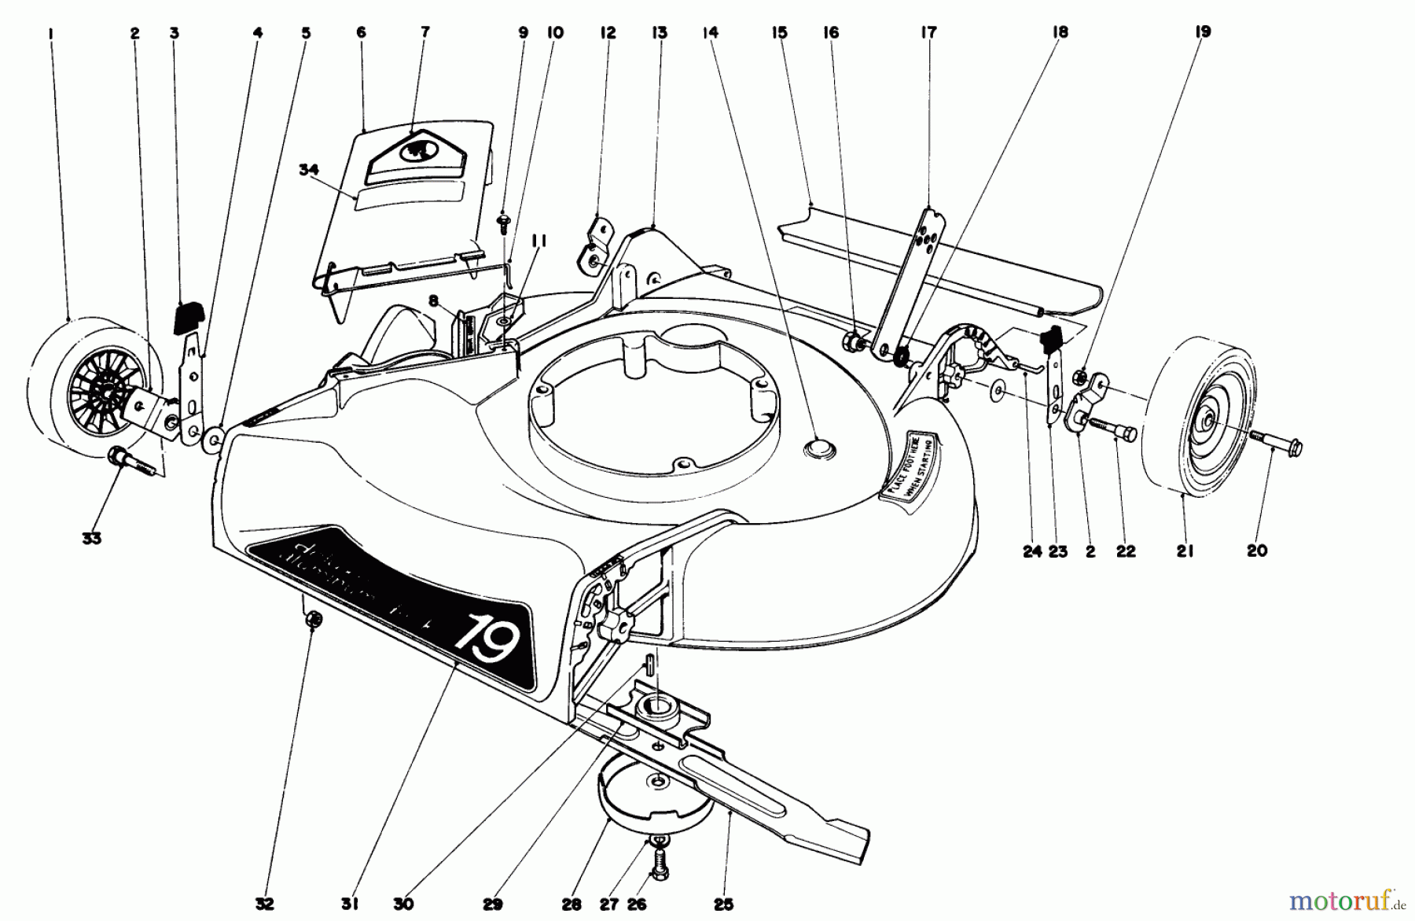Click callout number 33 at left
[92, 539]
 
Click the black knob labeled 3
[189, 317]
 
